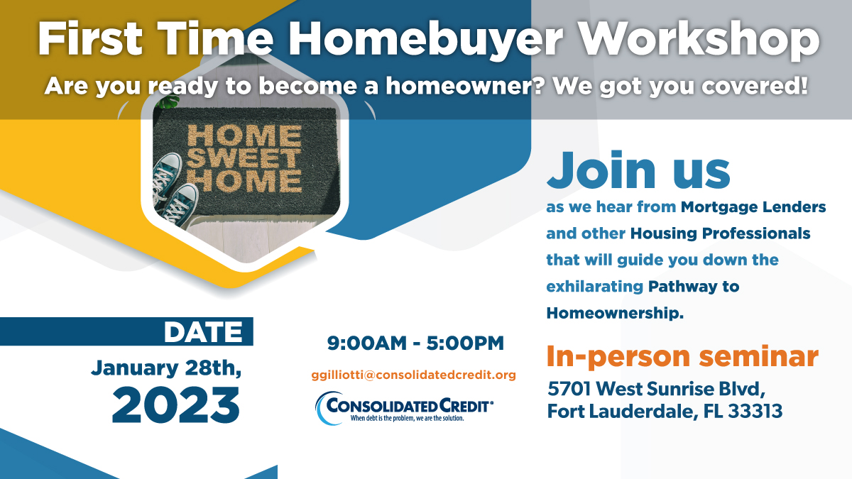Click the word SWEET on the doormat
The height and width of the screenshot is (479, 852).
pyautogui.click(x=244, y=158)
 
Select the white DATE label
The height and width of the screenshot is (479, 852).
pyautogui.click(x=203, y=332)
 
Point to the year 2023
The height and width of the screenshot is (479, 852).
pyautogui.click(x=176, y=405)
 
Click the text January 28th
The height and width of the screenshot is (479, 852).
pyautogui.click(x=166, y=368)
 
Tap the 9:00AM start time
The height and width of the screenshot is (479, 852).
pyautogui.click(x=366, y=343)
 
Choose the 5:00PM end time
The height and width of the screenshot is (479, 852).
pyautogui.click(x=465, y=343)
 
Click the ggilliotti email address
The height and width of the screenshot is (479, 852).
pyautogui.click(x=414, y=375)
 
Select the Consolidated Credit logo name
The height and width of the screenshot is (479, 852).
pyautogui.click(x=409, y=406)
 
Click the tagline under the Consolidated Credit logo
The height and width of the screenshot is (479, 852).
pyautogui.click(x=407, y=418)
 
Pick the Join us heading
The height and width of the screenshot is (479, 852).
pyautogui.click(x=638, y=170)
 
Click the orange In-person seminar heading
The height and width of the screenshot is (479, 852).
pyautogui.click(x=682, y=356)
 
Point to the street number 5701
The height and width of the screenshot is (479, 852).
pyautogui.click(x=569, y=389)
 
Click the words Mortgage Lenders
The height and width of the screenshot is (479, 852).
pyautogui.click(x=753, y=207)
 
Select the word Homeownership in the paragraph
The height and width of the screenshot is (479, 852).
pyautogui.click(x=615, y=313)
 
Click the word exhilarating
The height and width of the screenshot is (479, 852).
pyautogui.click(x=594, y=286)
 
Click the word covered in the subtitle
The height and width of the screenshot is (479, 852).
pyautogui.click(x=754, y=86)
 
